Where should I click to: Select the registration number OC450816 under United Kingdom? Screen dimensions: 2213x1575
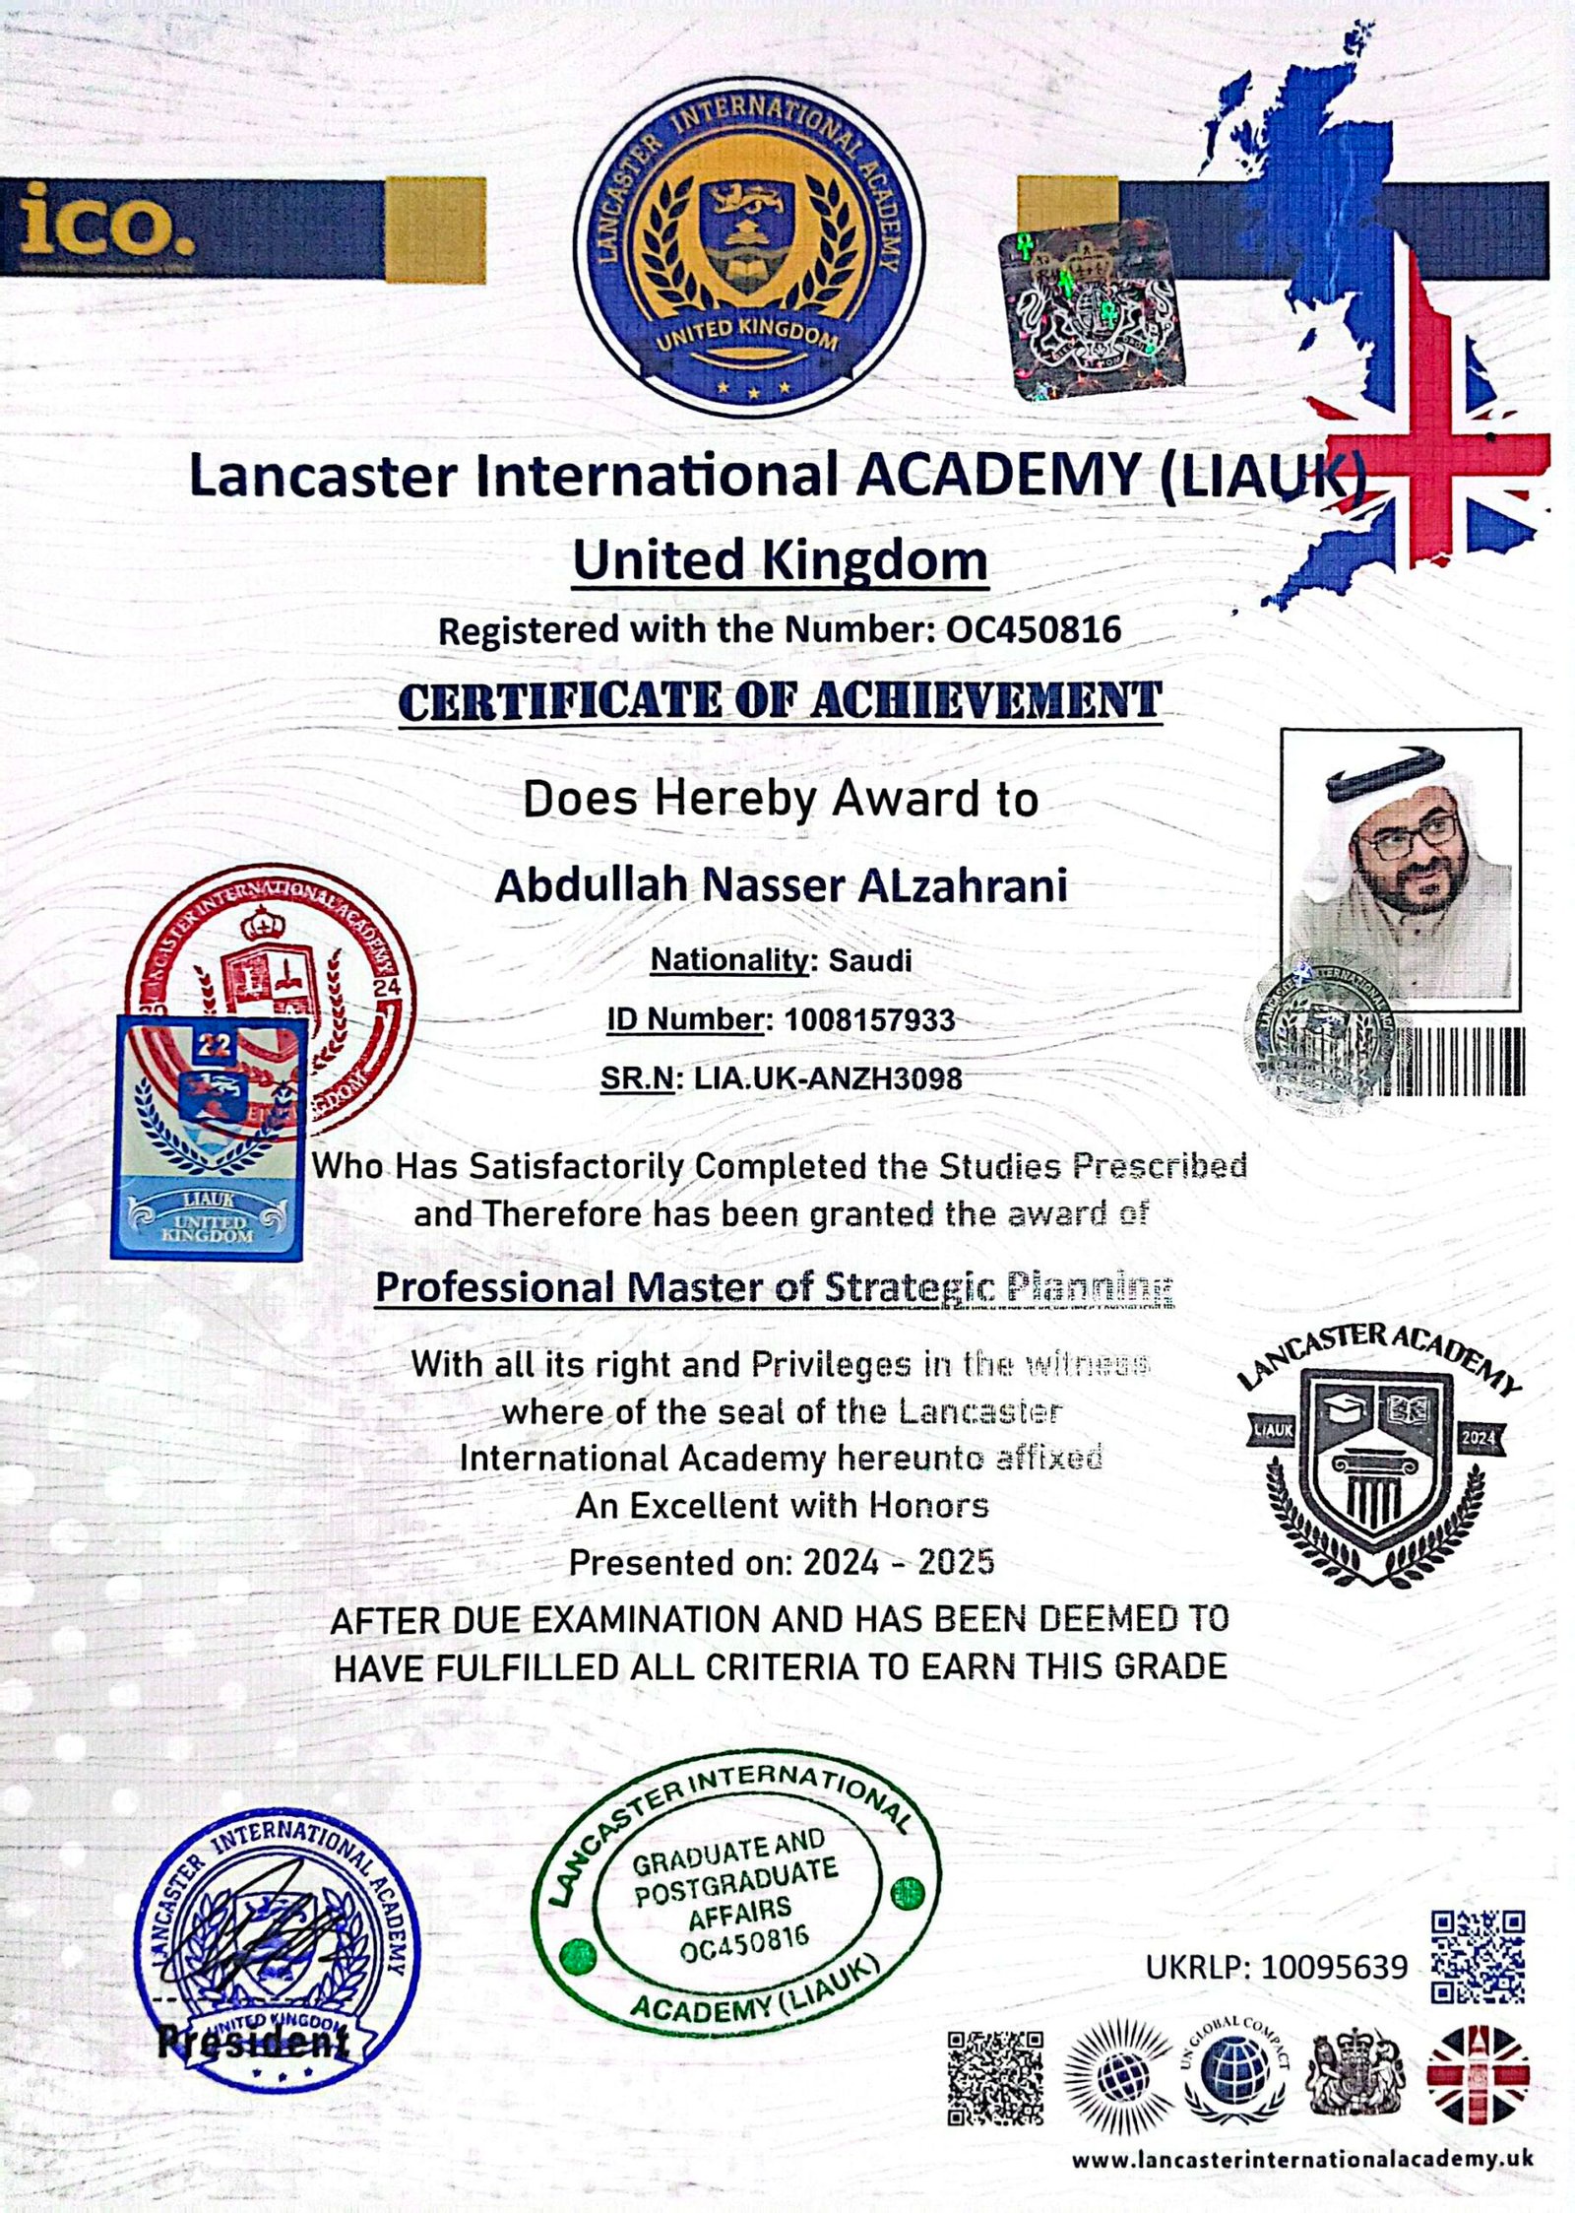1034,629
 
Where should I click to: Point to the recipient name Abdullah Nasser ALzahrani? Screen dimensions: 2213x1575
780,885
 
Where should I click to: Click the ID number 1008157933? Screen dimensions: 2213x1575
869,1019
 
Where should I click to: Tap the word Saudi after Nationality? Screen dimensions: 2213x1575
870,960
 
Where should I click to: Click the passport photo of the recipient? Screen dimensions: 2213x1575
1400,862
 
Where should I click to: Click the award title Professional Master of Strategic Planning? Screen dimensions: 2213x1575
775,1286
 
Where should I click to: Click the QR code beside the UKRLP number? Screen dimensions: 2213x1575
1478,1956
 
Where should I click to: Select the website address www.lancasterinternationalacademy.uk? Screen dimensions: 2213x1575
1301,2159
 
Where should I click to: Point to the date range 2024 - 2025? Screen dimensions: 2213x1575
898,1562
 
